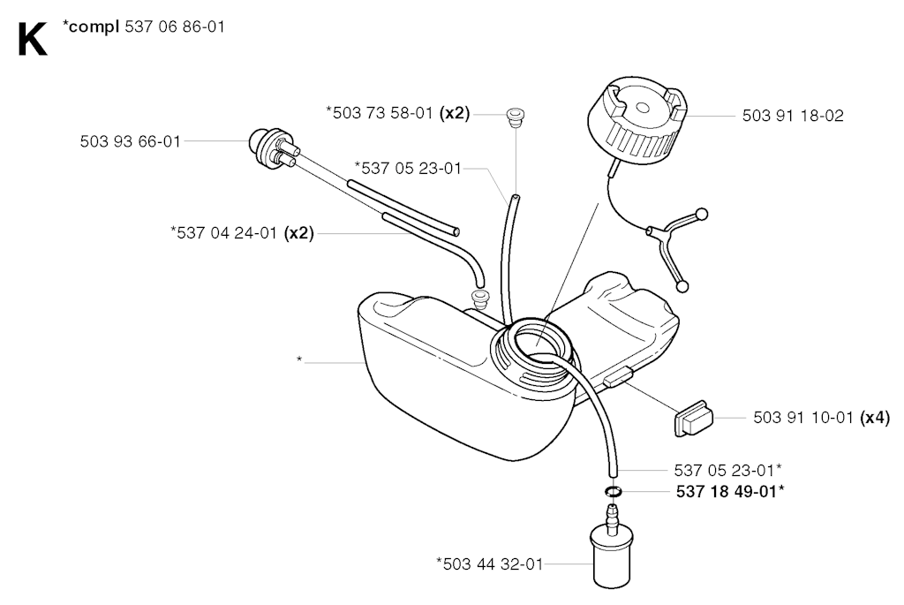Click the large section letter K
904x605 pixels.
[33, 40]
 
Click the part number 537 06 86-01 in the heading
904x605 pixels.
[175, 27]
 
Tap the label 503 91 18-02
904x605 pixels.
[793, 116]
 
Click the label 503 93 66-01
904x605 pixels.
[131, 141]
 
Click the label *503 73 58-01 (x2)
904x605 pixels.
[398, 113]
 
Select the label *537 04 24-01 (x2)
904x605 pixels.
[242, 233]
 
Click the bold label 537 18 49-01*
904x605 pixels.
[730, 491]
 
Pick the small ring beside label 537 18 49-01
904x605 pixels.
[614, 491]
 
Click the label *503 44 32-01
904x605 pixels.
[490, 563]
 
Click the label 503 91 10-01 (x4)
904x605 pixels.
[822, 418]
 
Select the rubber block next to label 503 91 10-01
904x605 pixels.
[694, 420]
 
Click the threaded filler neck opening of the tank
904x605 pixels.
[533, 352]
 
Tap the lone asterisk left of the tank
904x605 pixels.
[299, 360]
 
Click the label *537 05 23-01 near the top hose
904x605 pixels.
[408, 169]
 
